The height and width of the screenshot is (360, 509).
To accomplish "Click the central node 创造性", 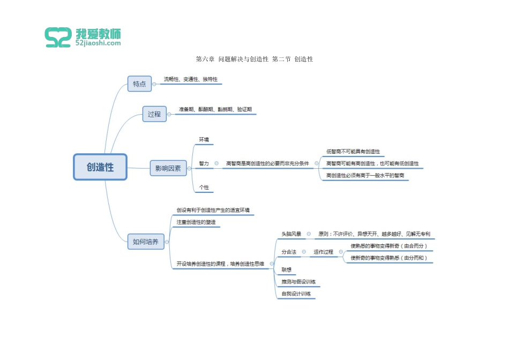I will (100, 167).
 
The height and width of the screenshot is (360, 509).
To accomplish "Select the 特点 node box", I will (139, 84).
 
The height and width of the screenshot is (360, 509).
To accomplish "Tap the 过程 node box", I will (154, 114).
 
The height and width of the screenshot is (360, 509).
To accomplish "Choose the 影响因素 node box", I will (168, 168).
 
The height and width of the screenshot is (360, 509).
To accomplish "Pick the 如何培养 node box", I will (146, 242).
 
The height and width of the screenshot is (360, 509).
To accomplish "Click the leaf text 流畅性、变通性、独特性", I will (191, 79).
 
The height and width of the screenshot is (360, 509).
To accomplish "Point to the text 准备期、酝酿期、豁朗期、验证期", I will (215, 109).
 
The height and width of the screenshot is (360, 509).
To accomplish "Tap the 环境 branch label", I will (204, 140).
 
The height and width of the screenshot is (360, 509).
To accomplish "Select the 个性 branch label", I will (204, 187).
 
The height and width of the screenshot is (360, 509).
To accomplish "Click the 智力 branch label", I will (204, 163).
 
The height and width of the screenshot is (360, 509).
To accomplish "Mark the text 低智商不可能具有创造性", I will (353, 152).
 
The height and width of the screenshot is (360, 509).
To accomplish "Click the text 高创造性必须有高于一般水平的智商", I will (365, 176).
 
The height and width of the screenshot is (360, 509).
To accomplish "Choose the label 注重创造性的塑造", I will (196, 222).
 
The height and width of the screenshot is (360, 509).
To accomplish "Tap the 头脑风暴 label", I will (291, 234).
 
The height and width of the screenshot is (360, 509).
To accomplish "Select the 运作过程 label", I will (323, 252).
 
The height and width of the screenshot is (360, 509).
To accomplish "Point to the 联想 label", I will (287, 269).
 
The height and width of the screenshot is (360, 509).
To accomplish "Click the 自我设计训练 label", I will (296, 294).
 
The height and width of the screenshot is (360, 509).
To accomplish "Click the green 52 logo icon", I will (58, 37).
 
